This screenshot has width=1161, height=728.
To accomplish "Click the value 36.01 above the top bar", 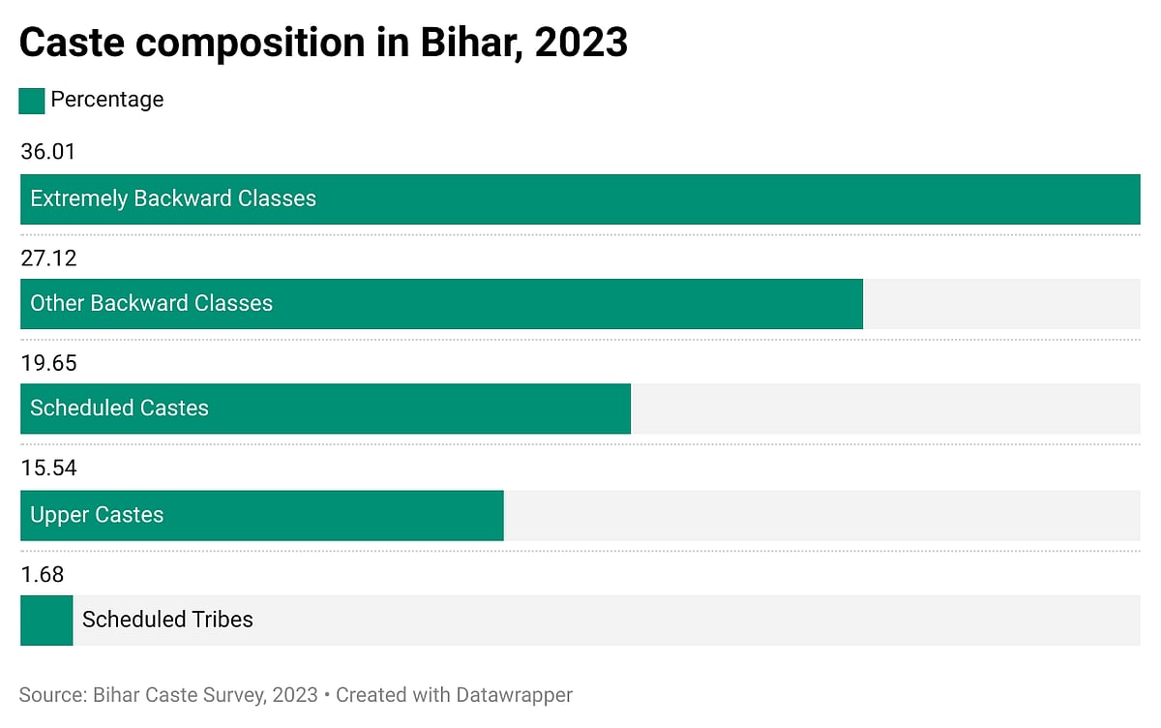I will coord(47,152).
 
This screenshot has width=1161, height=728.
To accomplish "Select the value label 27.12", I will coord(47,258).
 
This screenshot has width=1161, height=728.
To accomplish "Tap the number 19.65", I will coord(47,363).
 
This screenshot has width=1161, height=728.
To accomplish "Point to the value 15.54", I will coord(47,469).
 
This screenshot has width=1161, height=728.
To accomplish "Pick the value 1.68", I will coord(42,575).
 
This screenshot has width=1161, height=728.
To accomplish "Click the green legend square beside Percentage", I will coord(32,101).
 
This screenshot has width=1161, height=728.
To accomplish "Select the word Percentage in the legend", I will coord(106,100).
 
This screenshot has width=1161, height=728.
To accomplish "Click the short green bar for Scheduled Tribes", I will coord(45,621).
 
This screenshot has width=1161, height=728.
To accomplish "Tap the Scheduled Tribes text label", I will coord(167,620).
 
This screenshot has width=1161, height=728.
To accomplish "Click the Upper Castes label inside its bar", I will coord(97,515).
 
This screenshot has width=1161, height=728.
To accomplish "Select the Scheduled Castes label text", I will coord(119,409).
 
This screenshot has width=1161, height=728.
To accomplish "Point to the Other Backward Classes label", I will coord(151,303).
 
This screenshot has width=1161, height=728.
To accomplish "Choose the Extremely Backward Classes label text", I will coord(173,198).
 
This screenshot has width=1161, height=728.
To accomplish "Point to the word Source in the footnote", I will coord(51,695).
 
